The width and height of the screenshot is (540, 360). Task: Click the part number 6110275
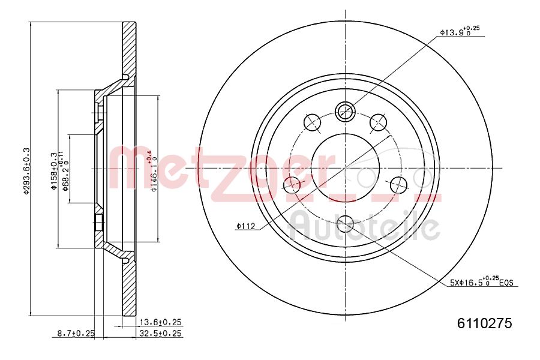[x=484, y=323]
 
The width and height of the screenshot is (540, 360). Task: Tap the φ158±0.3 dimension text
[x=53, y=171]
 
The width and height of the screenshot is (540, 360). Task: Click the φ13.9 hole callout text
[x=460, y=32]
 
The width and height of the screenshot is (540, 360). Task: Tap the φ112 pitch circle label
[x=246, y=226]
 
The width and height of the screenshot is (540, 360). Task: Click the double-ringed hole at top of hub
[x=345, y=110]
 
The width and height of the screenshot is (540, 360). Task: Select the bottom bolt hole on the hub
[x=345, y=225]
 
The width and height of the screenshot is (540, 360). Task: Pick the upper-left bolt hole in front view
[x=312, y=122]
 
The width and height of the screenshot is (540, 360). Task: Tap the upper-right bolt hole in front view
[x=378, y=122]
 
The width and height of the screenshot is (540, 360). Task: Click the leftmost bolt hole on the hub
[x=292, y=184]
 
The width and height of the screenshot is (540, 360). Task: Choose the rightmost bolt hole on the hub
[x=398, y=184]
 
